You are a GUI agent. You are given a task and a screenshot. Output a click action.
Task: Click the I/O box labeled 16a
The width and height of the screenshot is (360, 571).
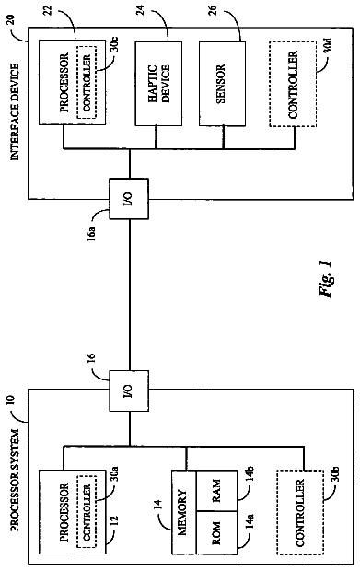pos(129,198)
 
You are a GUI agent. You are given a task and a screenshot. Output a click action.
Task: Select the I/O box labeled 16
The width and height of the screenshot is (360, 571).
pos(129,391)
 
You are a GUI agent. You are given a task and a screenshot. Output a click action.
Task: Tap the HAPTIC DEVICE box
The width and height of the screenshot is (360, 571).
pos(158,84)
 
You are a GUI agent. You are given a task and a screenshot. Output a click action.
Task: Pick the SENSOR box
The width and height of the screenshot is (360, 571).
pos(222,84)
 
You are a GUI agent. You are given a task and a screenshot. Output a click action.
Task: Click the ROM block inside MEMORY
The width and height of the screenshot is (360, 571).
pos(217,533)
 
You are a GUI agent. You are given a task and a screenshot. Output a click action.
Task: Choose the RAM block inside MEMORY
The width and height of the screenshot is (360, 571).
pos(217,491)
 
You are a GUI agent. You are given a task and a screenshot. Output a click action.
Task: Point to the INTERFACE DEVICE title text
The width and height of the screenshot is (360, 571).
pos(15,111)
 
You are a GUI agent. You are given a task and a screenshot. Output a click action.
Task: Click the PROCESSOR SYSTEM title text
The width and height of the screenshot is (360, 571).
pos(15,481)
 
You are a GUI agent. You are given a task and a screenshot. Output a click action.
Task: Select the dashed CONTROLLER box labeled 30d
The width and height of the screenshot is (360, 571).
pos(293,84)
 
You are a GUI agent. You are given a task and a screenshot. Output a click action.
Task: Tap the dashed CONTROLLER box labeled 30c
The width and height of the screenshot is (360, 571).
pos(87,82)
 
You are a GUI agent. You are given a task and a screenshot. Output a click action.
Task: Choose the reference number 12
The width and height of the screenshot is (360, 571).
pos(114,523)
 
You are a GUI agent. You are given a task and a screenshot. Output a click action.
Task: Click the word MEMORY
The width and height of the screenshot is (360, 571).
pos(182,513)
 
